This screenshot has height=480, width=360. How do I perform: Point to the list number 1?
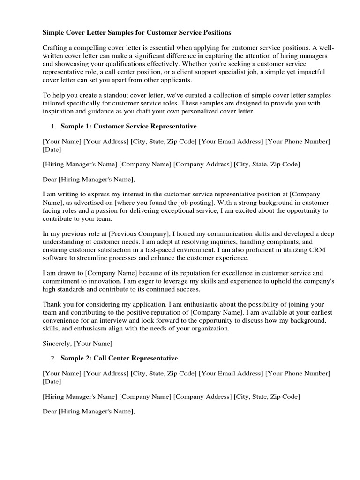[53, 127]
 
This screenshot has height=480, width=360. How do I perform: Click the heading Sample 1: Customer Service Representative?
[129, 127]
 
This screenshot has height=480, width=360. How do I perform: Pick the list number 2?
[53, 359]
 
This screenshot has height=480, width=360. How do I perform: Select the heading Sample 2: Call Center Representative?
[120, 359]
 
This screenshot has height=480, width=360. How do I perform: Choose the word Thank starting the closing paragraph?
[52, 305]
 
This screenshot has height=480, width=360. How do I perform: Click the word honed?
[187, 233]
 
